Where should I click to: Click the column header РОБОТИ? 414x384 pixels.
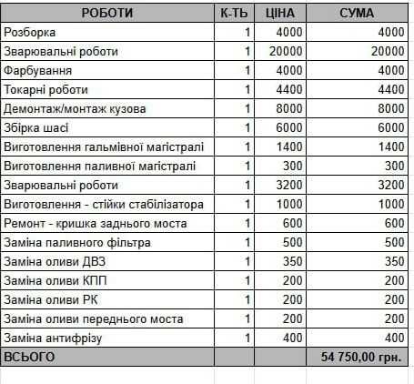click(x=106, y=14)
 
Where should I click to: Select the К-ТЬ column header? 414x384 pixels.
click(x=233, y=14)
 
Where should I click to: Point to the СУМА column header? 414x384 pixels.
click(x=357, y=14)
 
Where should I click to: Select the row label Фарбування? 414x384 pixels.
click(x=38, y=71)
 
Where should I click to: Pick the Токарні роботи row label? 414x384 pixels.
click(x=46, y=90)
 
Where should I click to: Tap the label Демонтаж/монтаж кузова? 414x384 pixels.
click(x=76, y=109)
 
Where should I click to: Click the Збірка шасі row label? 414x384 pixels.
click(x=36, y=128)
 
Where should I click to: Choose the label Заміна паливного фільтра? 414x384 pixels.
click(x=78, y=243)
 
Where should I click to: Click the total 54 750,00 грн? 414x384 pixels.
click(x=361, y=358)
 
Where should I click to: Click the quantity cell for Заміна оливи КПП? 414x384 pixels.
click(x=247, y=281)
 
